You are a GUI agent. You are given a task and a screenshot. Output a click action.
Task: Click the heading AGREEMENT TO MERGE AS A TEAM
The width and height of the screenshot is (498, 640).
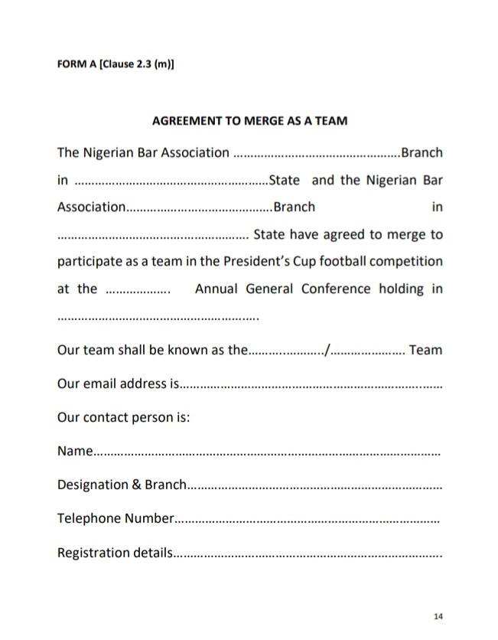click(x=249, y=120)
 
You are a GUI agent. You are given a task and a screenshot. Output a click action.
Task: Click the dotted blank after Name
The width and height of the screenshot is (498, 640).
click(x=267, y=453)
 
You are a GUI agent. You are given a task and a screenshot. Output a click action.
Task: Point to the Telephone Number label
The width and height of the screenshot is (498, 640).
click(x=116, y=518)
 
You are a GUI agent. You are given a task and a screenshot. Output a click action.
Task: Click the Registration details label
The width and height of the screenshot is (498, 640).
click(x=116, y=552)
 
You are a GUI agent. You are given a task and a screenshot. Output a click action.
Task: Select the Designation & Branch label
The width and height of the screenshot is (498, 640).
click(x=122, y=485)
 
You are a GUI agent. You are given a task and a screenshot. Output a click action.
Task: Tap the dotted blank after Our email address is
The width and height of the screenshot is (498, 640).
click(x=311, y=385)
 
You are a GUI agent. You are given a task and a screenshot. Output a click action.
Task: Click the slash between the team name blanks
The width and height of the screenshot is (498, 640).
click(x=328, y=351)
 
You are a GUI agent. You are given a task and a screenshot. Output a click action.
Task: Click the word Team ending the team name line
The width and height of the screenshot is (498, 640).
click(x=426, y=350)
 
